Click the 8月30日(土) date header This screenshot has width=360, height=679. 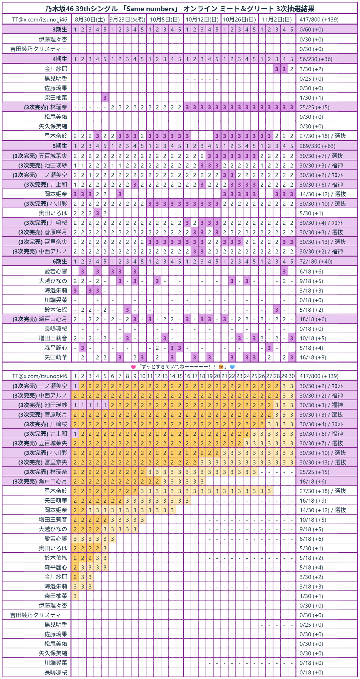(x=90, y=19)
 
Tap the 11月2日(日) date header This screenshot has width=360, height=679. (x=277, y=19)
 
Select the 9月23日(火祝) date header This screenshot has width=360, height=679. (x=127, y=19)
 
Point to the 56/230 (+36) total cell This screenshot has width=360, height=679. (x=315, y=59)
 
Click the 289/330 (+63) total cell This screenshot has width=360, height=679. (x=317, y=146)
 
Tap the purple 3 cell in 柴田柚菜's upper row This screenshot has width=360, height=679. (x=105, y=97)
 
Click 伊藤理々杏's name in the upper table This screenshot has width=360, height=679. (x=53, y=39)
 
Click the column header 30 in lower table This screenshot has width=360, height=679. (x=291, y=376)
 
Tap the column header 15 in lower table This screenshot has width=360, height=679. (x=179, y=376)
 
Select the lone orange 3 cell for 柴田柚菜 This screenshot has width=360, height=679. (x=75, y=596)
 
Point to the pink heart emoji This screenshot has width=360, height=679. (x=133, y=367)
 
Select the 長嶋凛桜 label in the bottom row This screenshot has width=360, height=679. (x=56, y=672)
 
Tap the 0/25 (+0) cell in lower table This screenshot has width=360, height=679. (x=311, y=625)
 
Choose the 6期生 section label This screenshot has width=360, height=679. (x=60, y=261)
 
